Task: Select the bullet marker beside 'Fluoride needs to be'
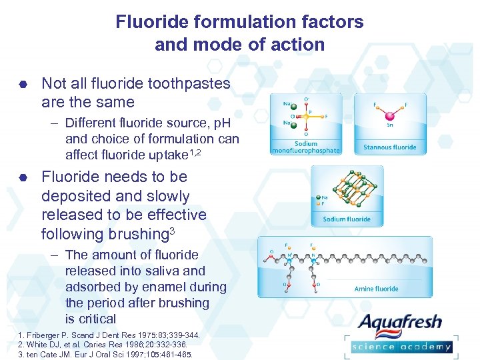(x=22, y=178)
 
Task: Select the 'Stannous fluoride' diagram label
(x=389, y=147)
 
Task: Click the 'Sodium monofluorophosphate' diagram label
(x=306, y=147)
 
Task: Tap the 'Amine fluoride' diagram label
(x=376, y=289)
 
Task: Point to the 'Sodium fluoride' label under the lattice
(x=346, y=219)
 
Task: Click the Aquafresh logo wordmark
(x=399, y=323)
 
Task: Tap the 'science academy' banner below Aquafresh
(x=401, y=346)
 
